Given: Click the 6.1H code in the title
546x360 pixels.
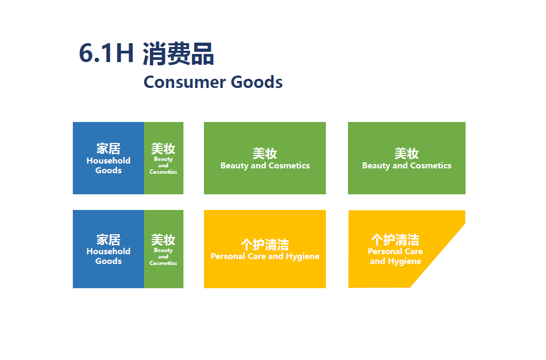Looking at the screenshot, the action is click(x=106, y=53).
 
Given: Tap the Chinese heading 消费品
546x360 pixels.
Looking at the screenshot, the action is click(x=178, y=53).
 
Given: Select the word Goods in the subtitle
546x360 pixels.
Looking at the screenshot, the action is click(x=257, y=82).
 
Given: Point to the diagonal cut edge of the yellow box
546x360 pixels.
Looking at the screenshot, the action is click(x=438, y=255).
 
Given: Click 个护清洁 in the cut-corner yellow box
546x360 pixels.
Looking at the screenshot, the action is click(x=395, y=240).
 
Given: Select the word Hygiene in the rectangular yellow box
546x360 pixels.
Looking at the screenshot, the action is click(x=303, y=256).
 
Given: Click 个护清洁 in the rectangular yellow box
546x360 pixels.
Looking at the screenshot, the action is click(x=265, y=244).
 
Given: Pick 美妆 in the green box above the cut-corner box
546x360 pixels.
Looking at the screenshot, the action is click(x=406, y=153).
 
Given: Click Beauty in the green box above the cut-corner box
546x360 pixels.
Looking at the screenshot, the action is click(x=376, y=166).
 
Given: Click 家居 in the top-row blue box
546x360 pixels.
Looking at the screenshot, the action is click(x=108, y=149).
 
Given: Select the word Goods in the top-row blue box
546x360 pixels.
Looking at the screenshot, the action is click(x=108, y=171).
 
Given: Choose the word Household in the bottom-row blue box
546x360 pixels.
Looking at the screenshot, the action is click(x=108, y=252).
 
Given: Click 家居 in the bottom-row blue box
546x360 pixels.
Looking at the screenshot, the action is click(x=108, y=240).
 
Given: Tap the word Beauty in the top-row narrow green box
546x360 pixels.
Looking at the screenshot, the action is click(x=163, y=159).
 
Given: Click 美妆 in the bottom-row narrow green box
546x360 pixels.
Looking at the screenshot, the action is click(x=163, y=240).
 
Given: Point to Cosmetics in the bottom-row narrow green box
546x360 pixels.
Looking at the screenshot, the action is click(x=163, y=263).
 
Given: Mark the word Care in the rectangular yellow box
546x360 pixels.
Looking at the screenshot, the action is click(x=257, y=256).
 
